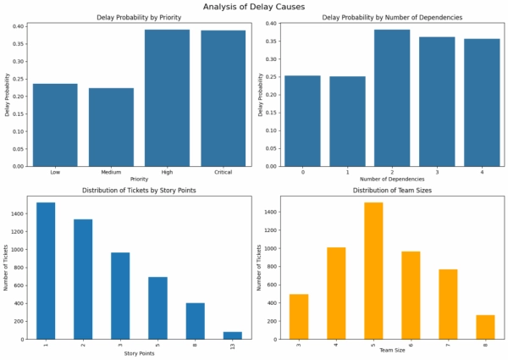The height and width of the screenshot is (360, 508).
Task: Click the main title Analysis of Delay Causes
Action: (254, 7)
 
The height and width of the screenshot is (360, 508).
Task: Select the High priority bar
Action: (167, 97)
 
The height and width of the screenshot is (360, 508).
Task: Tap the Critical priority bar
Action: (224, 98)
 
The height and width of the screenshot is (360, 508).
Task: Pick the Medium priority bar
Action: (111, 127)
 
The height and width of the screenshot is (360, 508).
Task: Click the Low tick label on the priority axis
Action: (55, 174)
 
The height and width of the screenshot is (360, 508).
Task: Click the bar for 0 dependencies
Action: (303, 121)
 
